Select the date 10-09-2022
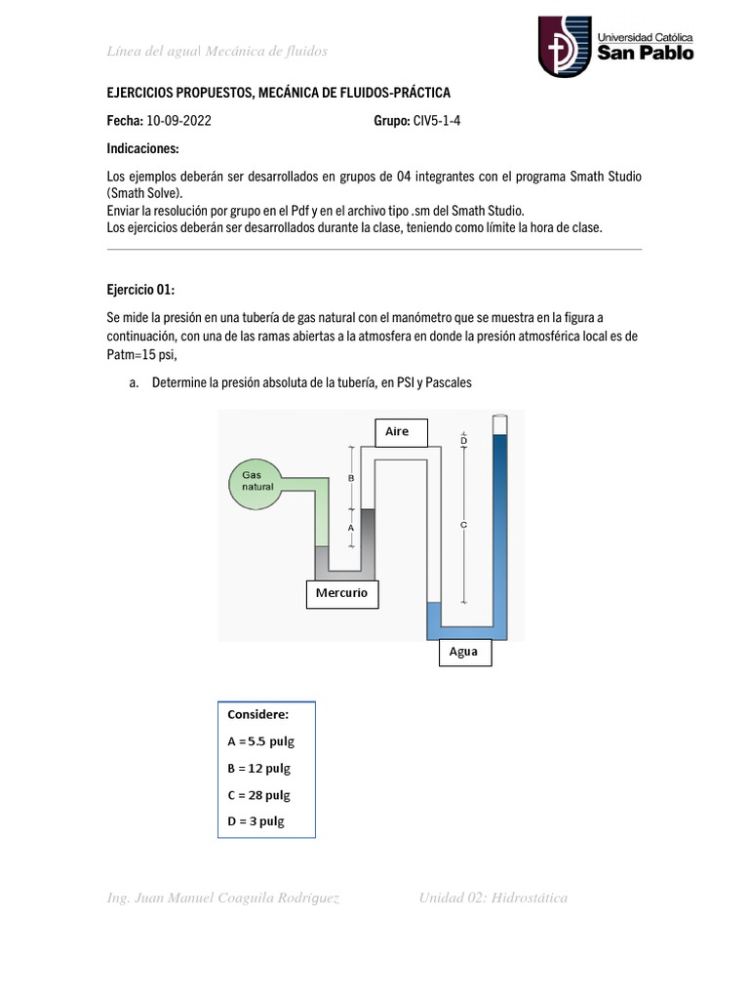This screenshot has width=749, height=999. point(177,121)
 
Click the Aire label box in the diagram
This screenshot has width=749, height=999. point(397,430)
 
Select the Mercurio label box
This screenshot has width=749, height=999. point(341,592)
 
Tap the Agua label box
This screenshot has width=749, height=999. point(463,652)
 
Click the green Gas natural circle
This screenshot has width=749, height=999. point(257,484)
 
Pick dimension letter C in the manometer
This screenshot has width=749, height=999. point(463,525)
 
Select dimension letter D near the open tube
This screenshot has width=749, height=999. point(463,441)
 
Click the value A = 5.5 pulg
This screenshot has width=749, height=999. point(260,740)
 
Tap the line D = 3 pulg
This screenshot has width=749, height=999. point(256,821)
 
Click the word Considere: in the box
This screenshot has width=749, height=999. point(257,714)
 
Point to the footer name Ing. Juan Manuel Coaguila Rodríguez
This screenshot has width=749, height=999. point(223,898)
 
